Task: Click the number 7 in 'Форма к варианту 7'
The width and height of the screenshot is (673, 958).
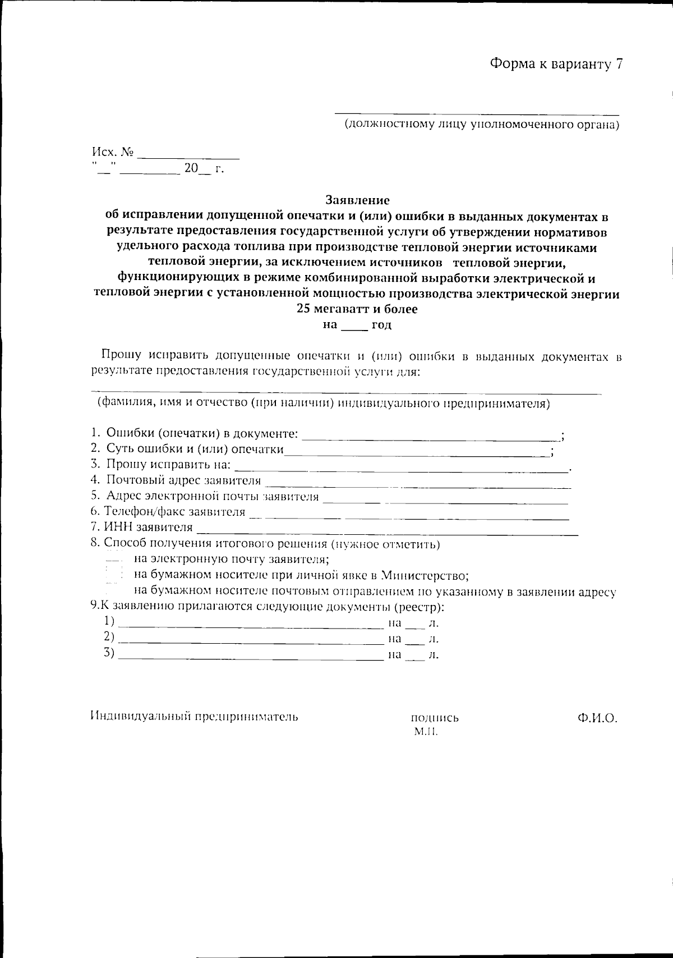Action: pyautogui.click(x=619, y=64)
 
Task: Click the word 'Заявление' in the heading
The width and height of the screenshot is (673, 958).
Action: pyautogui.click(x=357, y=200)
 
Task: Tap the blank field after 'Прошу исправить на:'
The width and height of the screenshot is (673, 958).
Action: pyautogui.click(x=402, y=467)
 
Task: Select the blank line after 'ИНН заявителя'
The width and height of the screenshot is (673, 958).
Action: pyautogui.click(x=387, y=531)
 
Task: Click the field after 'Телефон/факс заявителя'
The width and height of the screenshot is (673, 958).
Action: pyautogui.click(x=409, y=515)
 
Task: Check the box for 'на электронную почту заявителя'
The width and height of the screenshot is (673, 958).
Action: pyautogui.click(x=114, y=560)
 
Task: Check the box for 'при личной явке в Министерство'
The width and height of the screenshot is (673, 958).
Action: pyautogui.click(x=114, y=575)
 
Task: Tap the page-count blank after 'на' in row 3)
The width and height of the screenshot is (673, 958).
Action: pyautogui.click(x=414, y=657)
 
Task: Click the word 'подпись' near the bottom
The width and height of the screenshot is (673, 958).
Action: pyautogui.click(x=435, y=718)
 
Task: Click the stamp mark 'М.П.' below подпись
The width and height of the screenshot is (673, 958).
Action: pyautogui.click(x=425, y=732)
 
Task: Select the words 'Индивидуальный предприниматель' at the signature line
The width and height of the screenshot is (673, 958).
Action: pyautogui.click(x=194, y=717)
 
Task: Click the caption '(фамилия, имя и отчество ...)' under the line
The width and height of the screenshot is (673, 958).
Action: pyautogui.click(x=323, y=404)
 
